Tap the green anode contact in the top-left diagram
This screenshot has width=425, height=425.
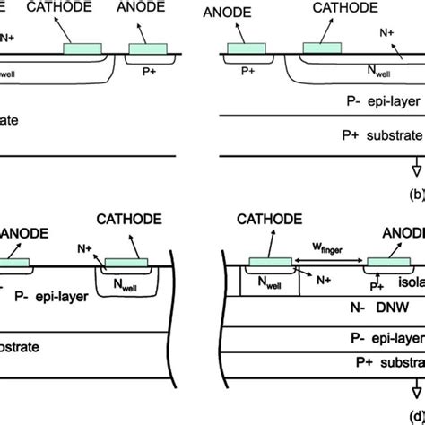tap(147, 48)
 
